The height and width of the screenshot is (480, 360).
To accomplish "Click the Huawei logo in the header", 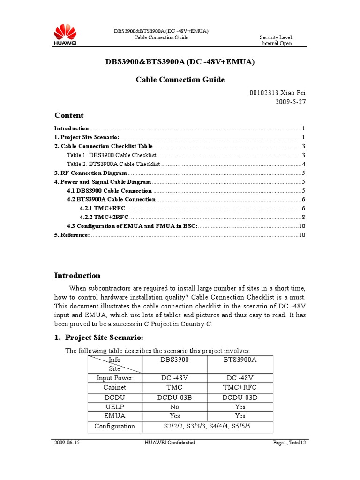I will coord(66,36).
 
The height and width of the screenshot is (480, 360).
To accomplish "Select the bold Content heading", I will coord(69,115).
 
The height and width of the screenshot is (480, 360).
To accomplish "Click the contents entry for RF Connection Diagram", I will coord(90,173).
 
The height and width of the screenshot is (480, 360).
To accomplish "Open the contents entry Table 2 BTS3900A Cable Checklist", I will coord(113,164).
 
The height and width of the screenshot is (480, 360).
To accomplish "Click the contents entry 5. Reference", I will coord(72,235).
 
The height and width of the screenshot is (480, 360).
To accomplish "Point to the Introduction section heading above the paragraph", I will coord(77,276).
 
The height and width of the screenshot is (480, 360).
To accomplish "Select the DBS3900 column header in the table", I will coord(174,360).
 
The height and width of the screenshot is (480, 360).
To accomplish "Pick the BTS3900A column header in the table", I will coord(240,360).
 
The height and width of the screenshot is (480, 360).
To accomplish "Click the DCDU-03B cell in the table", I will coord(174,397).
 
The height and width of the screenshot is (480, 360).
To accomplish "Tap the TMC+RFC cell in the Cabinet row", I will coord(240,388).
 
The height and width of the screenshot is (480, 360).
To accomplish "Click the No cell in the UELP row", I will coord(174,407).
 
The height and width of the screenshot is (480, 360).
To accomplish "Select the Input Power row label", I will coord(114,378).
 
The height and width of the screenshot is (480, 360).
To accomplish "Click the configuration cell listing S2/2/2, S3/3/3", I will coord(207,426).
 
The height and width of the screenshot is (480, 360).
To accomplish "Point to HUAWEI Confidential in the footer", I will coord(170,442).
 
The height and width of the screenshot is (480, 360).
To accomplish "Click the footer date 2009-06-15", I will coord(67,442).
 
